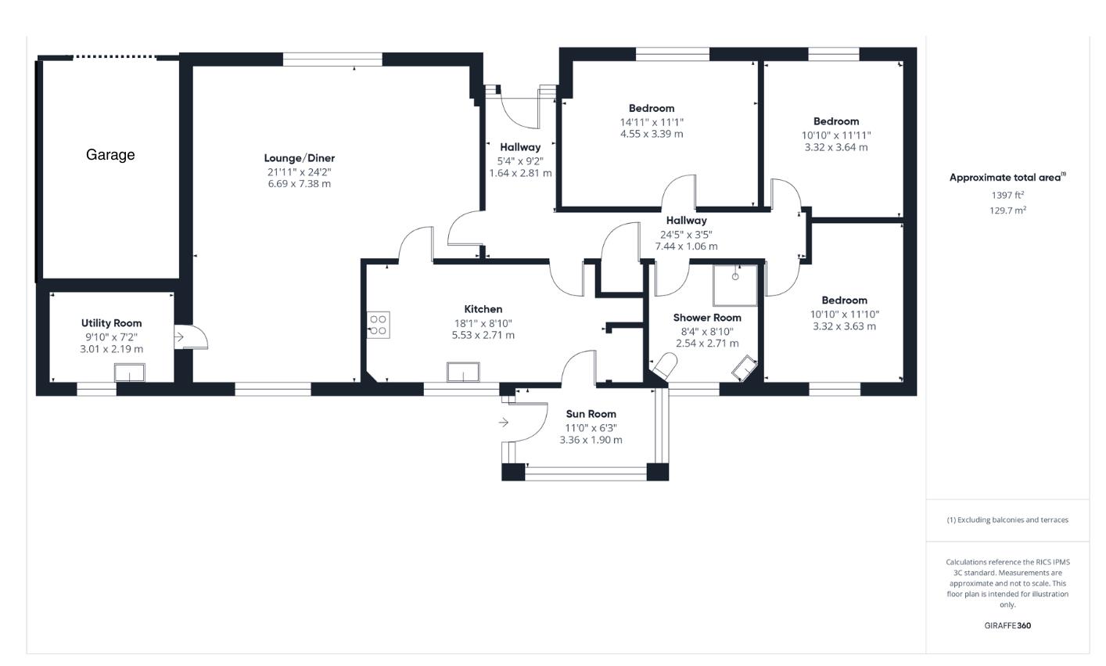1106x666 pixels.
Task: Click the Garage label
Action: coord(110,155)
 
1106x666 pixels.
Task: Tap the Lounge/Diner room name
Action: coord(299,158)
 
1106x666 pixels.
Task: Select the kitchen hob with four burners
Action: coord(379,325)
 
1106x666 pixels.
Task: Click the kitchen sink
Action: coord(463,372)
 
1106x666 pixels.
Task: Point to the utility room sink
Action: coord(130,373)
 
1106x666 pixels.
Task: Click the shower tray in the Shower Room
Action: coord(735,285)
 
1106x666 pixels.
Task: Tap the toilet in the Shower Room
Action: coord(665,366)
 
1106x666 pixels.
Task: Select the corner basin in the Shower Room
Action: coord(745,367)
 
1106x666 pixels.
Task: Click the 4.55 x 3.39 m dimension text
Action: coord(652,134)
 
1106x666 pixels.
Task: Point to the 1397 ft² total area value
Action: coord(1007,195)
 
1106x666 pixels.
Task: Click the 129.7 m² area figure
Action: coord(1007,210)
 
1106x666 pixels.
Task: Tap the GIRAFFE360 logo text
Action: coord(1007,625)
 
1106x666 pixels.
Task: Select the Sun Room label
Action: coord(591,414)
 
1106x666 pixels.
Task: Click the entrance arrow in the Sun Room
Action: coord(504,423)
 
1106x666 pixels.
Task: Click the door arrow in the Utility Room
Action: coord(178,337)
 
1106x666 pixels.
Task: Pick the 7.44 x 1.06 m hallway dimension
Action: coord(686,246)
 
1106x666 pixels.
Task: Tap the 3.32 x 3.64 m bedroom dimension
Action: coord(836,147)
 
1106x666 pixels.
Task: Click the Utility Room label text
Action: coord(111,323)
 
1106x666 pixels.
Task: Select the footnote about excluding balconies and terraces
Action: coord(1007,520)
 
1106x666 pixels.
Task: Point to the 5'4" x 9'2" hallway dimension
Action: coord(520,160)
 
